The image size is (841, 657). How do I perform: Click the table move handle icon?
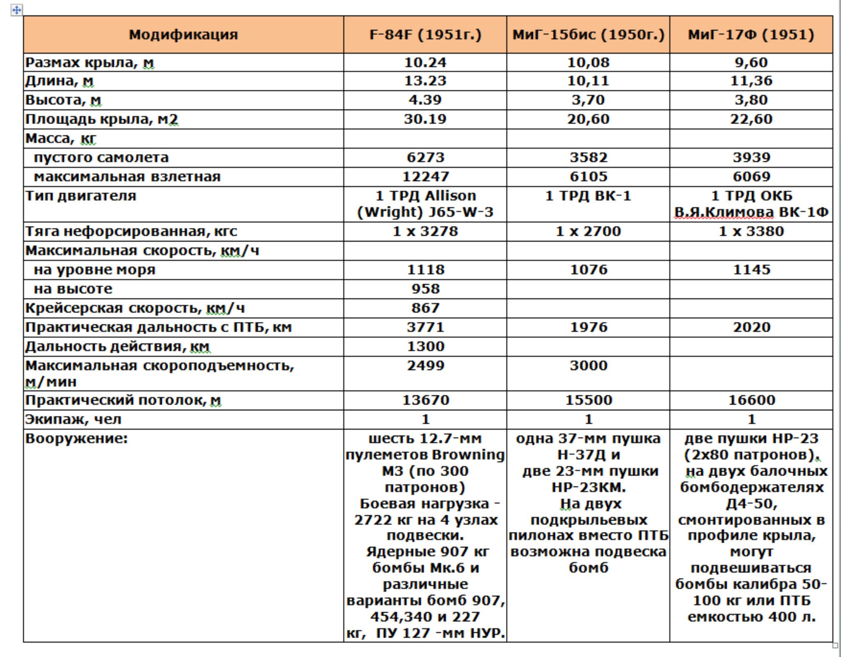[16, 10]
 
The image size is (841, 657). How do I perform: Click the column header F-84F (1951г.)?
[425, 34]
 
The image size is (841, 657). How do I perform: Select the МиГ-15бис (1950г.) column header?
[588, 34]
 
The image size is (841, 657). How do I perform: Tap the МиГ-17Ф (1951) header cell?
[751, 34]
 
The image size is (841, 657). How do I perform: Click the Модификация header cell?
[183, 34]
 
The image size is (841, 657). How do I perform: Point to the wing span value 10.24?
[425, 62]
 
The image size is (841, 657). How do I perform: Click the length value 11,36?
[751, 81]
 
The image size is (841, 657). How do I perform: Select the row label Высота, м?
[63, 100]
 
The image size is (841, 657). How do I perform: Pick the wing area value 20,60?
[588, 119]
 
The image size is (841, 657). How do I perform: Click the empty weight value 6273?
[425, 157]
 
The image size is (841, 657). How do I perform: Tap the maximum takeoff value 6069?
[751, 177]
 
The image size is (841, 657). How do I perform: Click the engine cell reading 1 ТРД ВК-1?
[588, 196]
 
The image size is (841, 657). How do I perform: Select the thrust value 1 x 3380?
[751, 231]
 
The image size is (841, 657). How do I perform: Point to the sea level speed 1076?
[588, 270]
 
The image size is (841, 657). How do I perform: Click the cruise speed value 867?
[425, 308]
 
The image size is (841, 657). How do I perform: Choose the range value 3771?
[425, 327]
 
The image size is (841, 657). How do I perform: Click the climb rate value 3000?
[588, 365]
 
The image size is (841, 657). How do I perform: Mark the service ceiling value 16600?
[751, 400]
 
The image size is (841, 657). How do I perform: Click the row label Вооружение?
[76, 439]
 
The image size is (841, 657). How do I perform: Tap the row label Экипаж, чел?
[73, 419]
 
